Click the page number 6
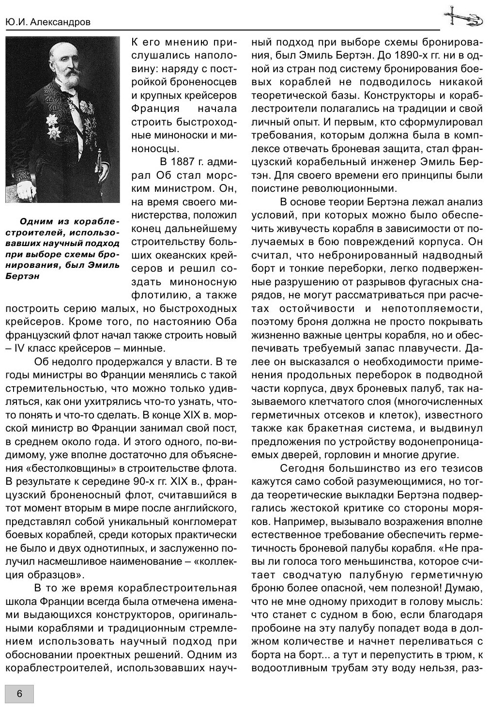pos(19,693)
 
